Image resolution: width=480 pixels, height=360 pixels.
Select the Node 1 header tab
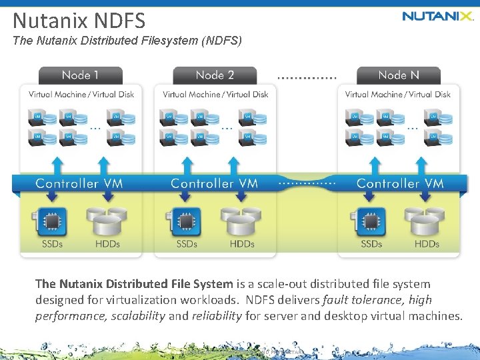coord(81,75)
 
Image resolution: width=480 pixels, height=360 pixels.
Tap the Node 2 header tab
coord(215,75)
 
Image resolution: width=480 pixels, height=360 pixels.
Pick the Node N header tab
coord(398,75)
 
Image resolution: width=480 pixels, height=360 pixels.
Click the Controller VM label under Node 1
coord(79,183)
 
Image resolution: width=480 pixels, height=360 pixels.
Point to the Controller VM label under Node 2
coord(214,183)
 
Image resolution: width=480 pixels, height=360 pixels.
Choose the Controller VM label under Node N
coord(399,183)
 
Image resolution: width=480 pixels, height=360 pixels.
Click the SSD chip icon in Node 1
coord(50,221)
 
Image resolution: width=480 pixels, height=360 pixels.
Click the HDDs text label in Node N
coord(427,244)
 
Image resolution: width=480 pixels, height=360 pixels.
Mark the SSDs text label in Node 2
coord(187,244)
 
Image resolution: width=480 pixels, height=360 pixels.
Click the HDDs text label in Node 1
coord(107,244)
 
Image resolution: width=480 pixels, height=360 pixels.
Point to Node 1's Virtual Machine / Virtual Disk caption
coord(81,95)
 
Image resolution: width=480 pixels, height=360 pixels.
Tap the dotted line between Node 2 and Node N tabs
coord(307,77)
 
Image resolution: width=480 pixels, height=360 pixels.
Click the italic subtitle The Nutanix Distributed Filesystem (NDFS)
coord(127,41)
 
